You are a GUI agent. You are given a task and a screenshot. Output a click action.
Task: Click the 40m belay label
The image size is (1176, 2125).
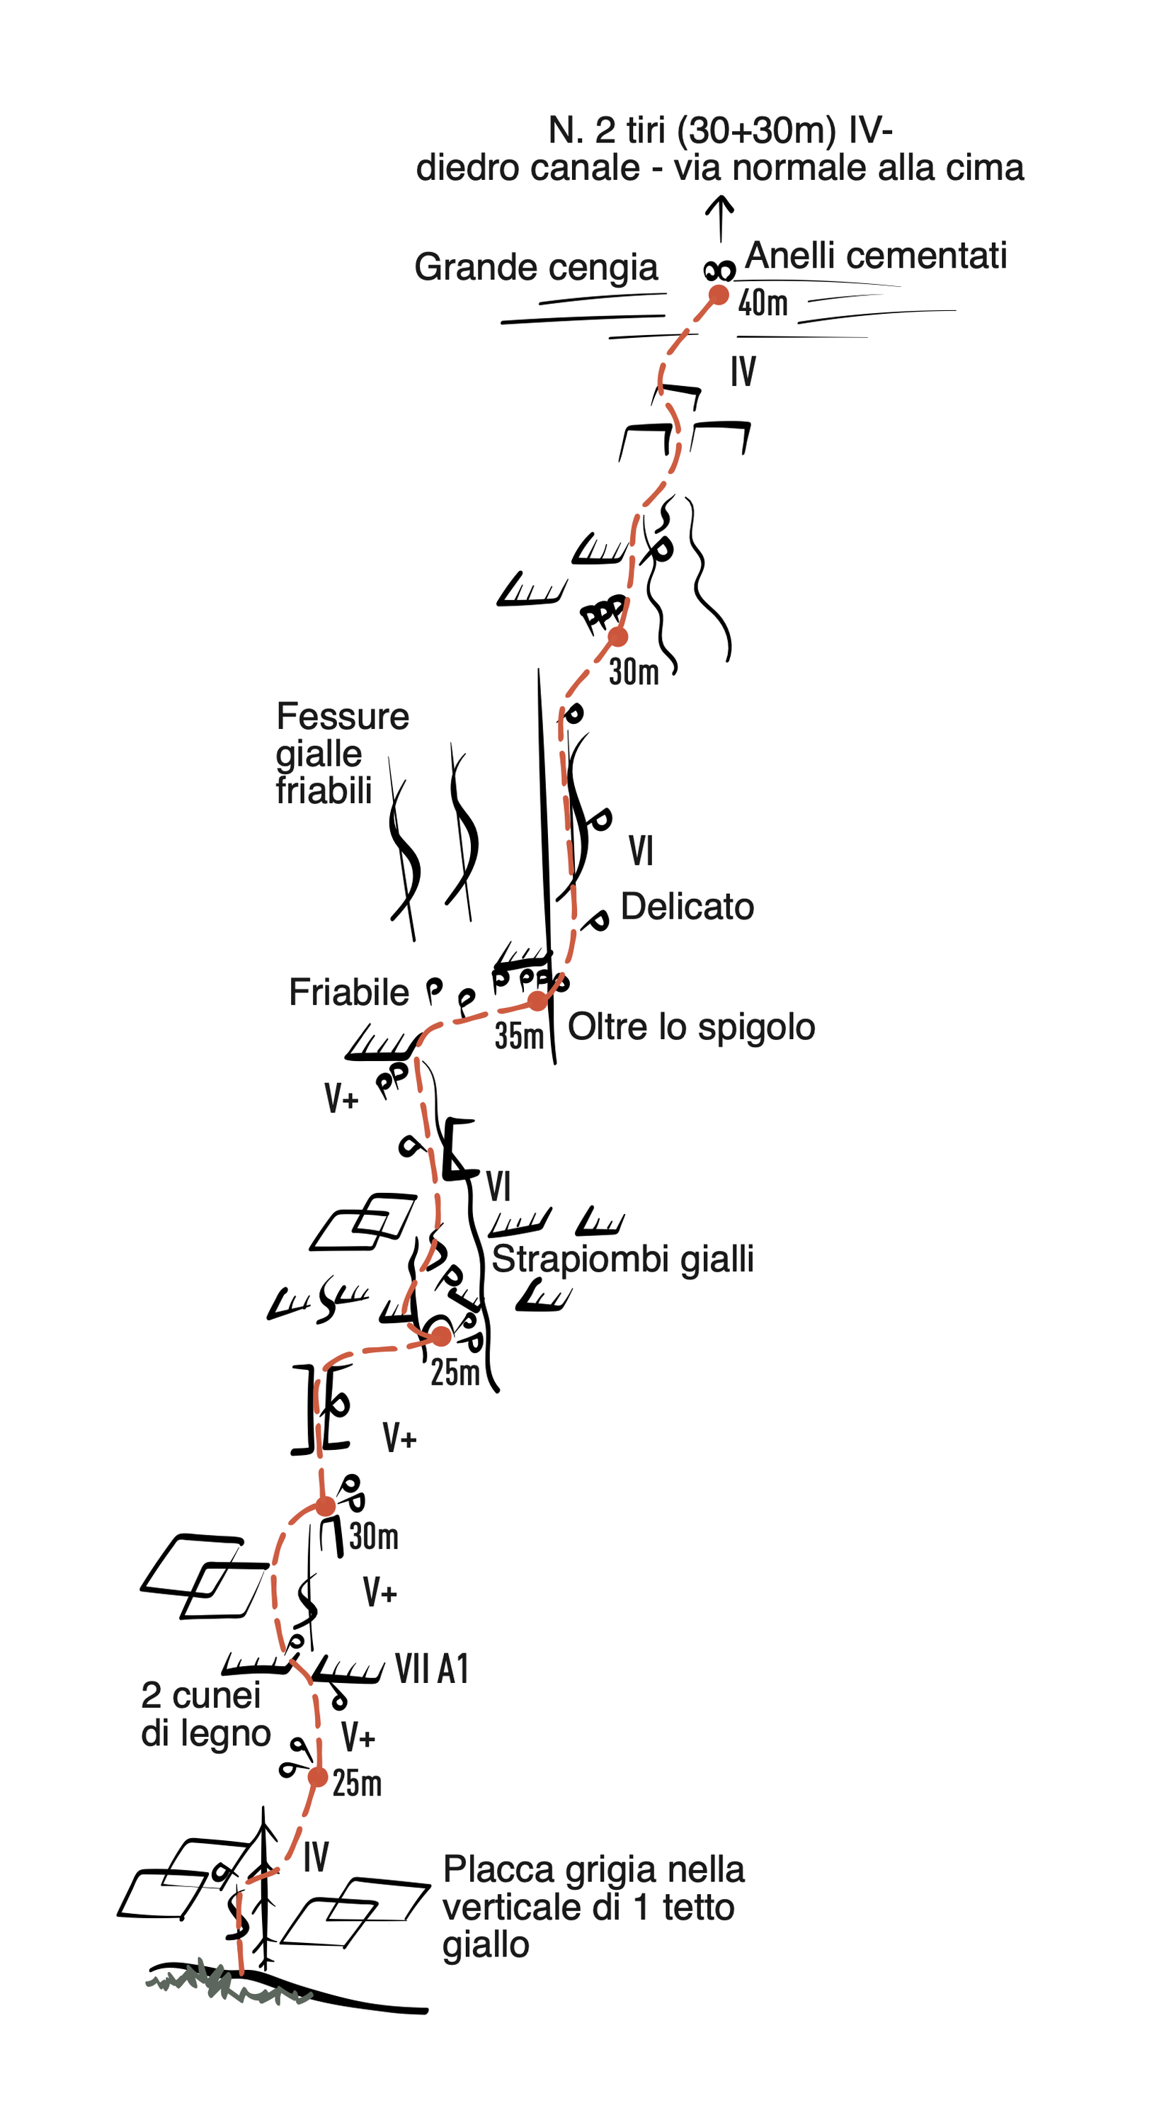(x=762, y=304)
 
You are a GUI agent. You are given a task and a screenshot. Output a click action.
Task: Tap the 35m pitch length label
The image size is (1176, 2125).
(x=519, y=1037)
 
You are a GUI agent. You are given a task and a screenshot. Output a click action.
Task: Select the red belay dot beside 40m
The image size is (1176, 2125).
(x=719, y=295)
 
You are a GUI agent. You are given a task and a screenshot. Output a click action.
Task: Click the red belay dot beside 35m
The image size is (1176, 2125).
(x=537, y=1001)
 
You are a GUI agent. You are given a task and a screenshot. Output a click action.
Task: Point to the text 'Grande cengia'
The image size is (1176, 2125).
(x=536, y=267)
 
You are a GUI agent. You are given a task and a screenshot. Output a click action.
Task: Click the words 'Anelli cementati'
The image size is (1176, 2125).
(x=876, y=256)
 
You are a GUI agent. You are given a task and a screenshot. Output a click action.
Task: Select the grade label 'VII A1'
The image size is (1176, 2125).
(x=431, y=1670)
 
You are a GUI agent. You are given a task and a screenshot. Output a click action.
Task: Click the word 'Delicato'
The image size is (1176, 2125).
(x=687, y=907)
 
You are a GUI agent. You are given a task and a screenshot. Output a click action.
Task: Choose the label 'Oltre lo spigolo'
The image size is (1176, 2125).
(x=691, y=1027)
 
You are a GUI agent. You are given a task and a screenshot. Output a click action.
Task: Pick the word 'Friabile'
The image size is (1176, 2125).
(x=349, y=992)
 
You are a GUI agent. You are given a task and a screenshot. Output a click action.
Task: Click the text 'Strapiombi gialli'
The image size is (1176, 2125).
(x=622, y=1259)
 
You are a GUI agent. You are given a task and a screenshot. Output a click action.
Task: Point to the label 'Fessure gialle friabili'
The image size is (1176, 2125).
(x=341, y=753)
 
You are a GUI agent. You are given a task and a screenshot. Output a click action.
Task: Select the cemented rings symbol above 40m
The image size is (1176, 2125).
(x=719, y=270)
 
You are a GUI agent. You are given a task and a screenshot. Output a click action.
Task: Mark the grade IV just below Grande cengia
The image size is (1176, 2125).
(x=742, y=372)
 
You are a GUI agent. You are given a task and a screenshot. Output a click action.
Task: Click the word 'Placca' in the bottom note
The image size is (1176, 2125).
(x=485, y=1870)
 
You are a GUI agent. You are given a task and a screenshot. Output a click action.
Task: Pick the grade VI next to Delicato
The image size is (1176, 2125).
(x=641, y=851)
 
